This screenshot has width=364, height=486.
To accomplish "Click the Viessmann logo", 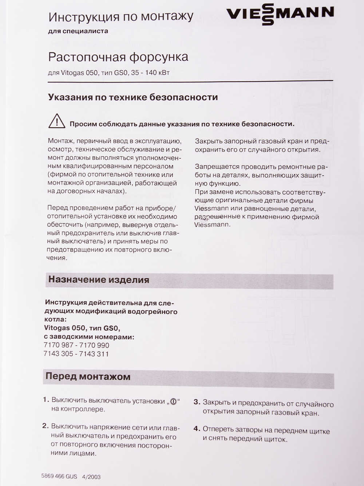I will pos(280,14).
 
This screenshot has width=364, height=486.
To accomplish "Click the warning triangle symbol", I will pos(56,121).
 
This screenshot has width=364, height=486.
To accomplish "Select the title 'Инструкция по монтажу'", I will pos(121,17).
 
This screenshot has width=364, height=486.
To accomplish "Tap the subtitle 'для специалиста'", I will pos(78,31).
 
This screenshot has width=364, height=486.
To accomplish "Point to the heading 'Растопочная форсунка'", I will pos(118,57).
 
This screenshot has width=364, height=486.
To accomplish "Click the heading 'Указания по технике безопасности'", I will pos(133,97).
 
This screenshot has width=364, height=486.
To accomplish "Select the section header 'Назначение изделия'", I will pos(99,280).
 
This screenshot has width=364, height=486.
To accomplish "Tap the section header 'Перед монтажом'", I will pos(88,376).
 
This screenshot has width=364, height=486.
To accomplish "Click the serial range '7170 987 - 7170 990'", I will pos(76,345).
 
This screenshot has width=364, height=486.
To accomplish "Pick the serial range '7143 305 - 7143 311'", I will pos(76,354).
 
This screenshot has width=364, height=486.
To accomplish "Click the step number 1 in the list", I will pos(45,400).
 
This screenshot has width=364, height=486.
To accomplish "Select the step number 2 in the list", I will pos(45,426).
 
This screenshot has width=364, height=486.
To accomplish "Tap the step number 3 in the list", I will pos(197,402).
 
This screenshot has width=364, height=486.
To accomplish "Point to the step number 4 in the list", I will pos(197,429).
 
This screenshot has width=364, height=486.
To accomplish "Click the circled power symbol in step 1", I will pos(173,402).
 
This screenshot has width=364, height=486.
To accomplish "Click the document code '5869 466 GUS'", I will pos(59,476).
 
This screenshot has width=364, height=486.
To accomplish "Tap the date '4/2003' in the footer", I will pos(91,477).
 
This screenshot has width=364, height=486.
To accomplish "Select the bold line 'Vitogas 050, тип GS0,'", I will pos(82,328).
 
